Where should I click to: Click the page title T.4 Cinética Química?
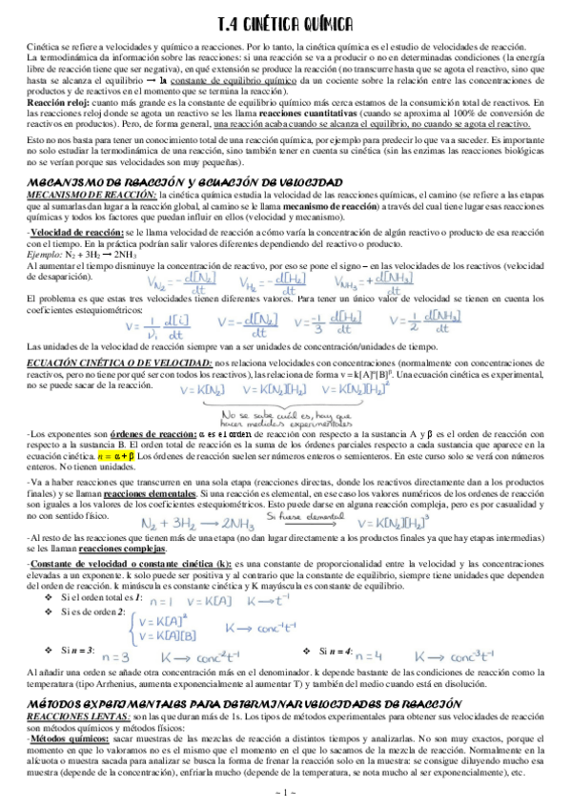coord(285,22)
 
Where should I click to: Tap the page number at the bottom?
coord(285,793)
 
